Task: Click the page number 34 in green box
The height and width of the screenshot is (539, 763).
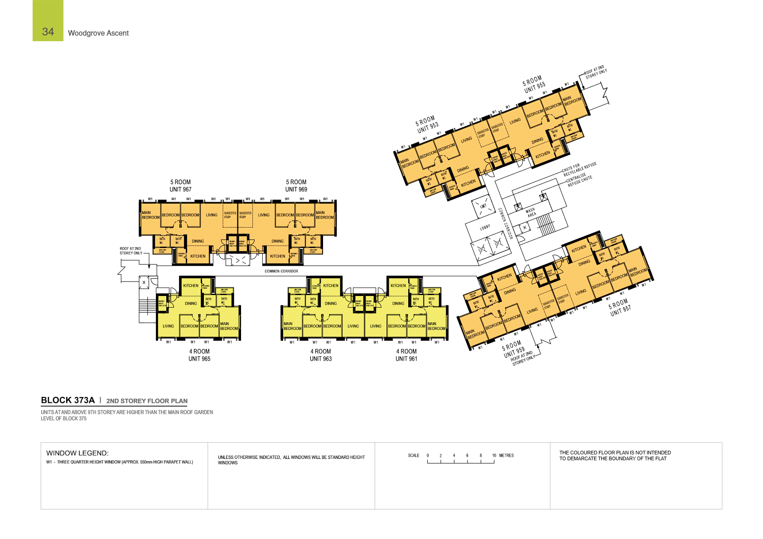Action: (48, 31)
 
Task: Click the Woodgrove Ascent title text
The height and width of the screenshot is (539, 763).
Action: (98, 33)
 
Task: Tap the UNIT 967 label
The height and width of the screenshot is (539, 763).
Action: (180, 190)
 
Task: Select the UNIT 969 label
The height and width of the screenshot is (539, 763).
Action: (296, 190)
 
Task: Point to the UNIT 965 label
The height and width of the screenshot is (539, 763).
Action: (199, 359)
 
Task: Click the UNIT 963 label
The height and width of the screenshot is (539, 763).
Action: (321, 359)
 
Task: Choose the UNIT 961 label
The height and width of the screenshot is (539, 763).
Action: (406, 359)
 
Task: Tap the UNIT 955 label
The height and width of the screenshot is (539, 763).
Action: (535, 87)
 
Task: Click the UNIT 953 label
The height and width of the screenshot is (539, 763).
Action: (428, 128)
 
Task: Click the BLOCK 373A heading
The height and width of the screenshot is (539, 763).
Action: (68, 400)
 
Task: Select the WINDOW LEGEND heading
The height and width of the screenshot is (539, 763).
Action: (77, 453)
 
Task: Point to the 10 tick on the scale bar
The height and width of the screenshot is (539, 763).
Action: (494, 456)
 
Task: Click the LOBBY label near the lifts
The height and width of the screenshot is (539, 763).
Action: (485, 227)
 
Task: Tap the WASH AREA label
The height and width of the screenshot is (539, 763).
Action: (531, 212)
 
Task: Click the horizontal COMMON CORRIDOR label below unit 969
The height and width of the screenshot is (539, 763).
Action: (281, 271)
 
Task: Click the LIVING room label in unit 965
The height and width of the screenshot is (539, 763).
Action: (168, 326)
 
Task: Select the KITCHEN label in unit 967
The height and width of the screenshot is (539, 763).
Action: (198, 256)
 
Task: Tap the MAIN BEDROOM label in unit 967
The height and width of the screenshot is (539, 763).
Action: (150, 215)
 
